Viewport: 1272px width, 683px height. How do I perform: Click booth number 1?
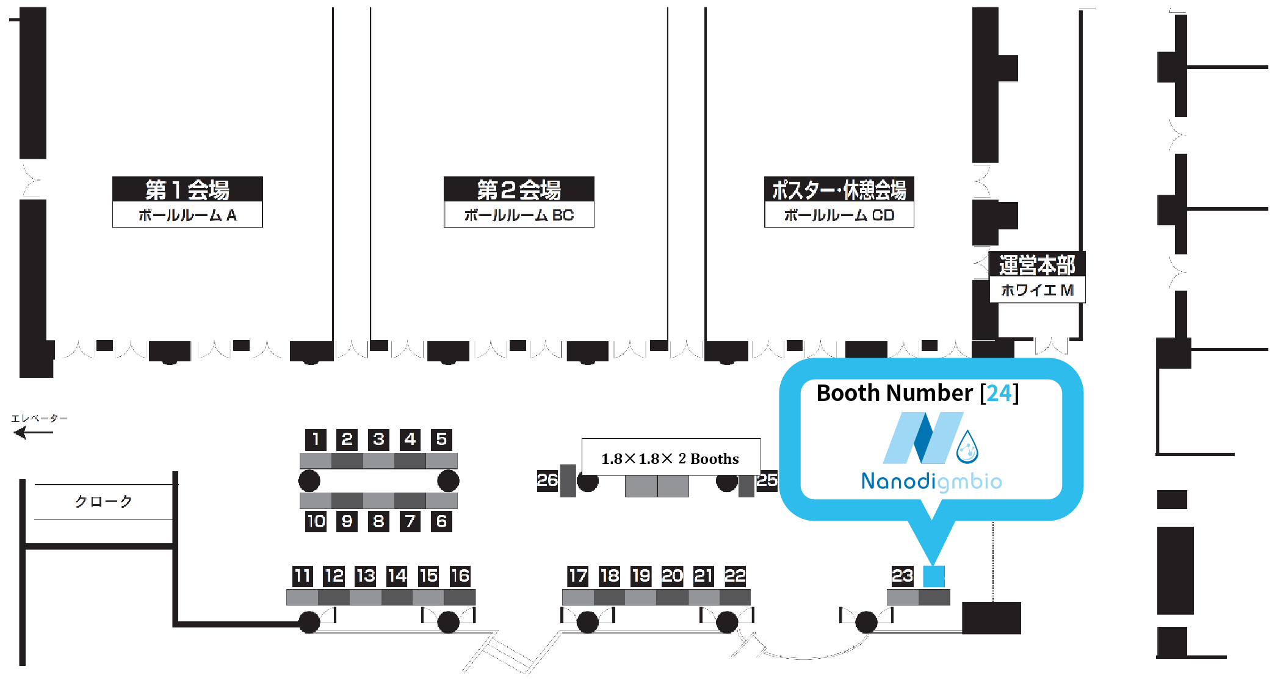(316, 439)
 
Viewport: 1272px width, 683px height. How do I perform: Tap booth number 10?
(316, 521)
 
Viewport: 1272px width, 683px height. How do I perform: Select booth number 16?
(460, 576)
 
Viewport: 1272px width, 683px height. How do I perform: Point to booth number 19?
(641, 576)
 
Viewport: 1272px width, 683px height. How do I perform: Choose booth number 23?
(902, 576)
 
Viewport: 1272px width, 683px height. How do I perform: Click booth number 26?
(547, 480)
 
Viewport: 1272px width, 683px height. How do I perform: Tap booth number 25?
(767, 480)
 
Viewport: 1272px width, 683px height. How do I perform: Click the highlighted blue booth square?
(934, 576)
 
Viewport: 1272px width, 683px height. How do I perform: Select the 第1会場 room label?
(187, 190)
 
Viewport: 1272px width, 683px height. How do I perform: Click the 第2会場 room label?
(519, 190)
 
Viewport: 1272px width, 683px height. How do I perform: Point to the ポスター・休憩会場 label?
(839, 190)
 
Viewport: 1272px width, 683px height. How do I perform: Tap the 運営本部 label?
(1037, 265)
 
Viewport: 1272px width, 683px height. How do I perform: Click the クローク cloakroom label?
(104, 502)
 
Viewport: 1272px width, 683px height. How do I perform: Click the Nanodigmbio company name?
(931, 482)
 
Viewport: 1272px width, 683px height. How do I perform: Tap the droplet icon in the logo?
(967, 447)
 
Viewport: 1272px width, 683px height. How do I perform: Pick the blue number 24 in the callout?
(999, 393)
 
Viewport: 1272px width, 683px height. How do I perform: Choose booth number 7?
(410, 521)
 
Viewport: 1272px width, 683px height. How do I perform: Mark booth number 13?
(366, 576)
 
